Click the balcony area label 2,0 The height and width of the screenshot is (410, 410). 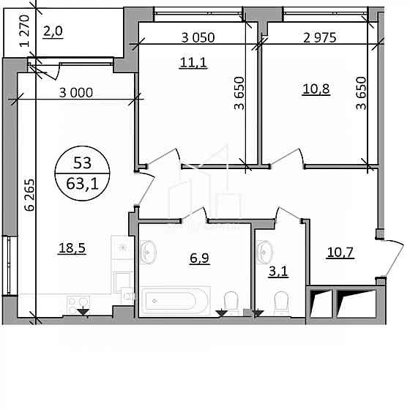[x=53, y=31]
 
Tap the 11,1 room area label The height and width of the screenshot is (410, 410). [x=193, y=62]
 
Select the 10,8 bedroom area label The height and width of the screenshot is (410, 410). [x=316, y=89]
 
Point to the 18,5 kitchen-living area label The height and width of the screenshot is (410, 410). [x=72, y=247]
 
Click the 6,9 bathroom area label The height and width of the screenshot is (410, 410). [x=199, y=258]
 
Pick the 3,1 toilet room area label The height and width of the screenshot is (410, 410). [x=278, y=272]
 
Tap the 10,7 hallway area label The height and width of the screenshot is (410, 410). [x=340, y=252]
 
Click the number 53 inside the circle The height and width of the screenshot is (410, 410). [x=82, y=163]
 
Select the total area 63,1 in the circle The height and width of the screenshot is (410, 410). [x=82, y=183]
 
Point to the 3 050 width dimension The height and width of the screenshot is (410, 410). [x=198, y=37]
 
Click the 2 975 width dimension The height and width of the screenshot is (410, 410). [x=320, y=37]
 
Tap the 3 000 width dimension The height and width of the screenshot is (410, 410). [x=76, y=92]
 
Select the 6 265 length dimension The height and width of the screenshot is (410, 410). [x=29, y=195]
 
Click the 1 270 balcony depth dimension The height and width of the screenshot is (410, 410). [x=25, y=31]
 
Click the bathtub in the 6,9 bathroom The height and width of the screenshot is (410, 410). [x=176, y=301]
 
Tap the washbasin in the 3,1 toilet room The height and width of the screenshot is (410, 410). [x=264, y=252]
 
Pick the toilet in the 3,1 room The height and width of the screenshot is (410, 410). [x=281, y=303]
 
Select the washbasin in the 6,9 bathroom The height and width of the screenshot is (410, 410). [x=148, y=252]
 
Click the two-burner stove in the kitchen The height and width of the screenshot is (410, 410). [x=78, y=305]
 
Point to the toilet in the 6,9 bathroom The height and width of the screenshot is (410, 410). [x=231, y=303]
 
